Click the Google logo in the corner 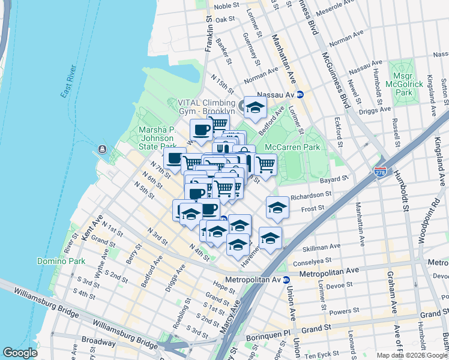click(x=20, y=353)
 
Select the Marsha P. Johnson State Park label click(x=157, y=137)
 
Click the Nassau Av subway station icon click(x=300, y=95)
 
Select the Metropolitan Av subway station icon click(x=286, y=280)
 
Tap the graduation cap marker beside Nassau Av click(x=255, y=107)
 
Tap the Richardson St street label click(x=311, y=195)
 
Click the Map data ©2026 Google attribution click(x=411, y=355)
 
